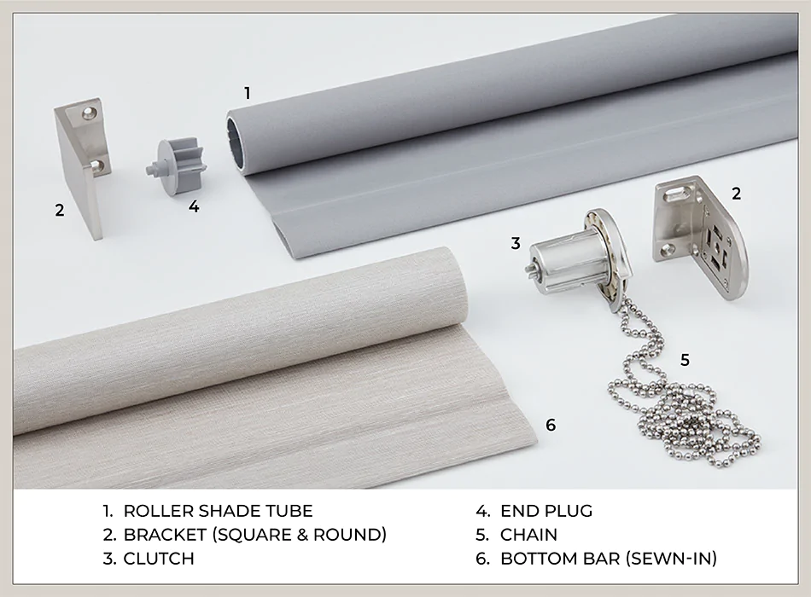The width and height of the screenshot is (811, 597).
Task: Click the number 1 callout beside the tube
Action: (x=248, y=93)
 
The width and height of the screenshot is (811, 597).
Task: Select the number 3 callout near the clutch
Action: (x=516, y=243)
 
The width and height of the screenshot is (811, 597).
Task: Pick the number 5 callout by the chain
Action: (x=685, y=359)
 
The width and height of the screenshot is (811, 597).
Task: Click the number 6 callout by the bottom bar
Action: (x=551, y=424)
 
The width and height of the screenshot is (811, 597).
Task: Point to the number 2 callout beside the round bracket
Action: (x=736, y=193)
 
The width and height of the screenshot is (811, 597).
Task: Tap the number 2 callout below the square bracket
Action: (x=59, y=209)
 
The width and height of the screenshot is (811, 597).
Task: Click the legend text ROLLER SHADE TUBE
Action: (x=218, y=511)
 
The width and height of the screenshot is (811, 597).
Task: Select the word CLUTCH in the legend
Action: (x=159, y=559)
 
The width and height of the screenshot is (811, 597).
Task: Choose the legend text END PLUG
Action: (x=546, y=511)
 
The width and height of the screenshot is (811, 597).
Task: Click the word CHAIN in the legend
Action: (x=528, y=535)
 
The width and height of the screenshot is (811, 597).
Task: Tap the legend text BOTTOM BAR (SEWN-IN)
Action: (x=608, y=559)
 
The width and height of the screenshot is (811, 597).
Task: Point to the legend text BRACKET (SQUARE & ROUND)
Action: (x=254, y=535)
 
